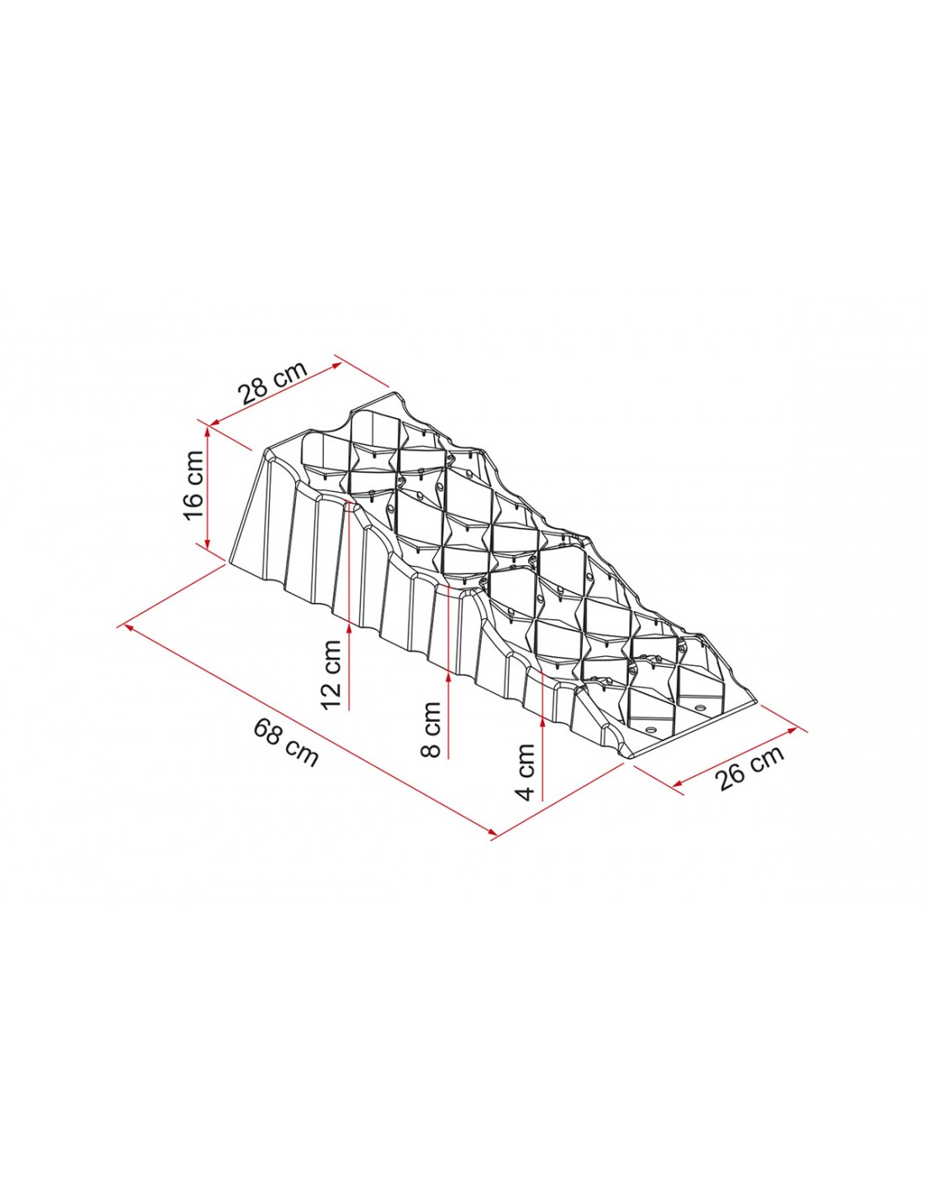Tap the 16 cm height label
tap(193, 485)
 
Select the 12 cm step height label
tap(332, 675)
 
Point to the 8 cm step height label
tap(431, 729)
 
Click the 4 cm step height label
tap(526, 771)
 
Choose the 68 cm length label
tap(286, 743)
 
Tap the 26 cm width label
tap(751, 768)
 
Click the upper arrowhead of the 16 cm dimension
tap(208, 431)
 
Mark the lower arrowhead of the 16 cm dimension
tap(208, 542)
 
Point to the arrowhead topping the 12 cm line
tap(349, 629)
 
